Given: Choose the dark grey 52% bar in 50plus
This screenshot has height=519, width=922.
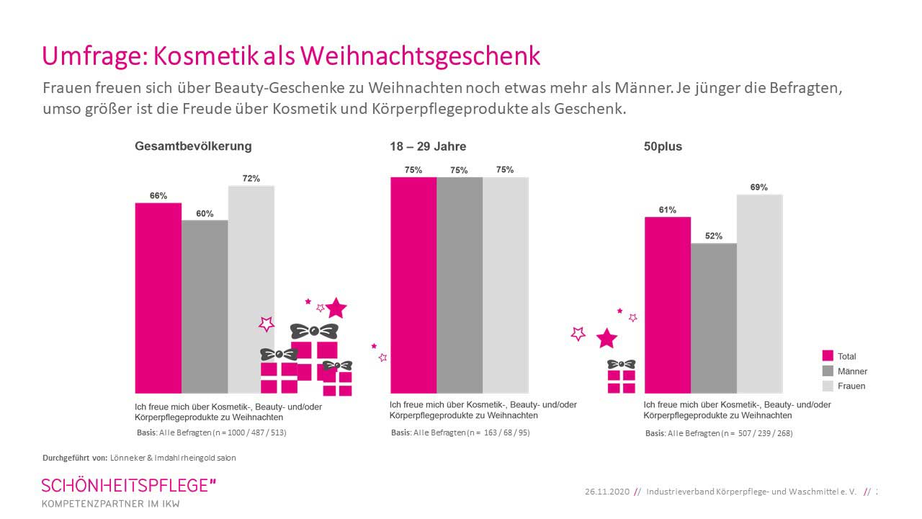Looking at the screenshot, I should pos(714,318).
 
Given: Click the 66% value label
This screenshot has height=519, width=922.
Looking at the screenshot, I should pos(158,195).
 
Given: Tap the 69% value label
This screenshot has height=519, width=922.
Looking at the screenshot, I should pos(759,187).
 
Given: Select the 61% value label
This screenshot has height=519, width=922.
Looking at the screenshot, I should pos(667,210).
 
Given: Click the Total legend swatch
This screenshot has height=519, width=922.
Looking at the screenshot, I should pos(828,356).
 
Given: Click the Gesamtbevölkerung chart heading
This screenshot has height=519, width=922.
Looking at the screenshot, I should pos(193,146).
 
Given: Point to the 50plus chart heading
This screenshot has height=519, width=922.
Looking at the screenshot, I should pos(663,146).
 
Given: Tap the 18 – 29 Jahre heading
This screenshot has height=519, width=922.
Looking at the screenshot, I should pos(428,146).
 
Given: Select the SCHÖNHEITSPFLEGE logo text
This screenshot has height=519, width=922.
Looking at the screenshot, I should pos(128,485).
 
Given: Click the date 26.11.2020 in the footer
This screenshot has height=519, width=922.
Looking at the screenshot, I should pos(607,492).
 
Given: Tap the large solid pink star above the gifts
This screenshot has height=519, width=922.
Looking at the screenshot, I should pos(336,309).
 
